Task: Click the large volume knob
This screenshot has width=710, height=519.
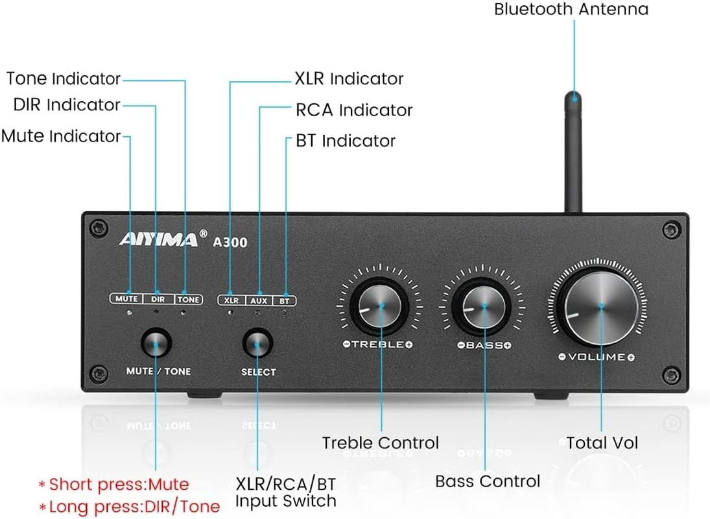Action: click(602, 306)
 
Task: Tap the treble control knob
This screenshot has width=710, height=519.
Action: click(381, 306)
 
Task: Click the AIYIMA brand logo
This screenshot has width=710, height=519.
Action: click(158, 239)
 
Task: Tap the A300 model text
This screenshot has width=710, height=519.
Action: click(230, 241)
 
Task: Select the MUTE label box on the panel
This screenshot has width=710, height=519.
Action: click(126, 300)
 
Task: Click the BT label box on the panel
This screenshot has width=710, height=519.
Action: click(284, 300)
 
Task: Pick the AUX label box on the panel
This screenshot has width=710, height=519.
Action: click(259, 300)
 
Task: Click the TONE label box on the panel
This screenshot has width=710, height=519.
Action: click(189, 300)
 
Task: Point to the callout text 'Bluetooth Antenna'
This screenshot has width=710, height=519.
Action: click(571, 10)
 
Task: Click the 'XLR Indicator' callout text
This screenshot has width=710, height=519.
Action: click(349, 79)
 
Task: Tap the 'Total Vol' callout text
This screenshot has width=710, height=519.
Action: click(602, 443)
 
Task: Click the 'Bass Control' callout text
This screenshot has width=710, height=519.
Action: click(487, 481)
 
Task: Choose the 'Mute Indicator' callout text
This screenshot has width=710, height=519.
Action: click(61, 136)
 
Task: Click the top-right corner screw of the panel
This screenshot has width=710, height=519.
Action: click(669, 228)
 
